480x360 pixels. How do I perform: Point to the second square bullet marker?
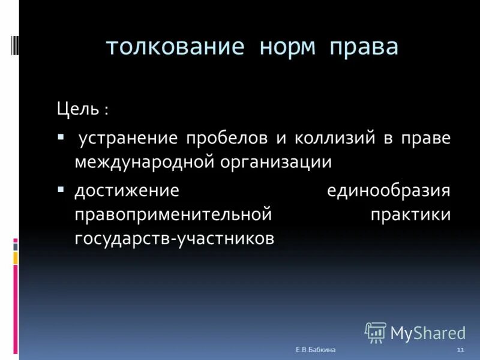(61, 188)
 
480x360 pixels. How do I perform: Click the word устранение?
(128, 139)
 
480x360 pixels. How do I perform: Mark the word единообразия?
(388, 191)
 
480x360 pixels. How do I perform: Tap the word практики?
(410, 214)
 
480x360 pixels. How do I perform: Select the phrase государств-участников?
(175, 238)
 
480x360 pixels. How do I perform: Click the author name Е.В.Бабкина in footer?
(316, 349)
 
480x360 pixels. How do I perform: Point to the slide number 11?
(460, 349)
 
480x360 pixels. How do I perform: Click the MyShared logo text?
(428, 332)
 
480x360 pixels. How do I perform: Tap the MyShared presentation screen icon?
(376, 332)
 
